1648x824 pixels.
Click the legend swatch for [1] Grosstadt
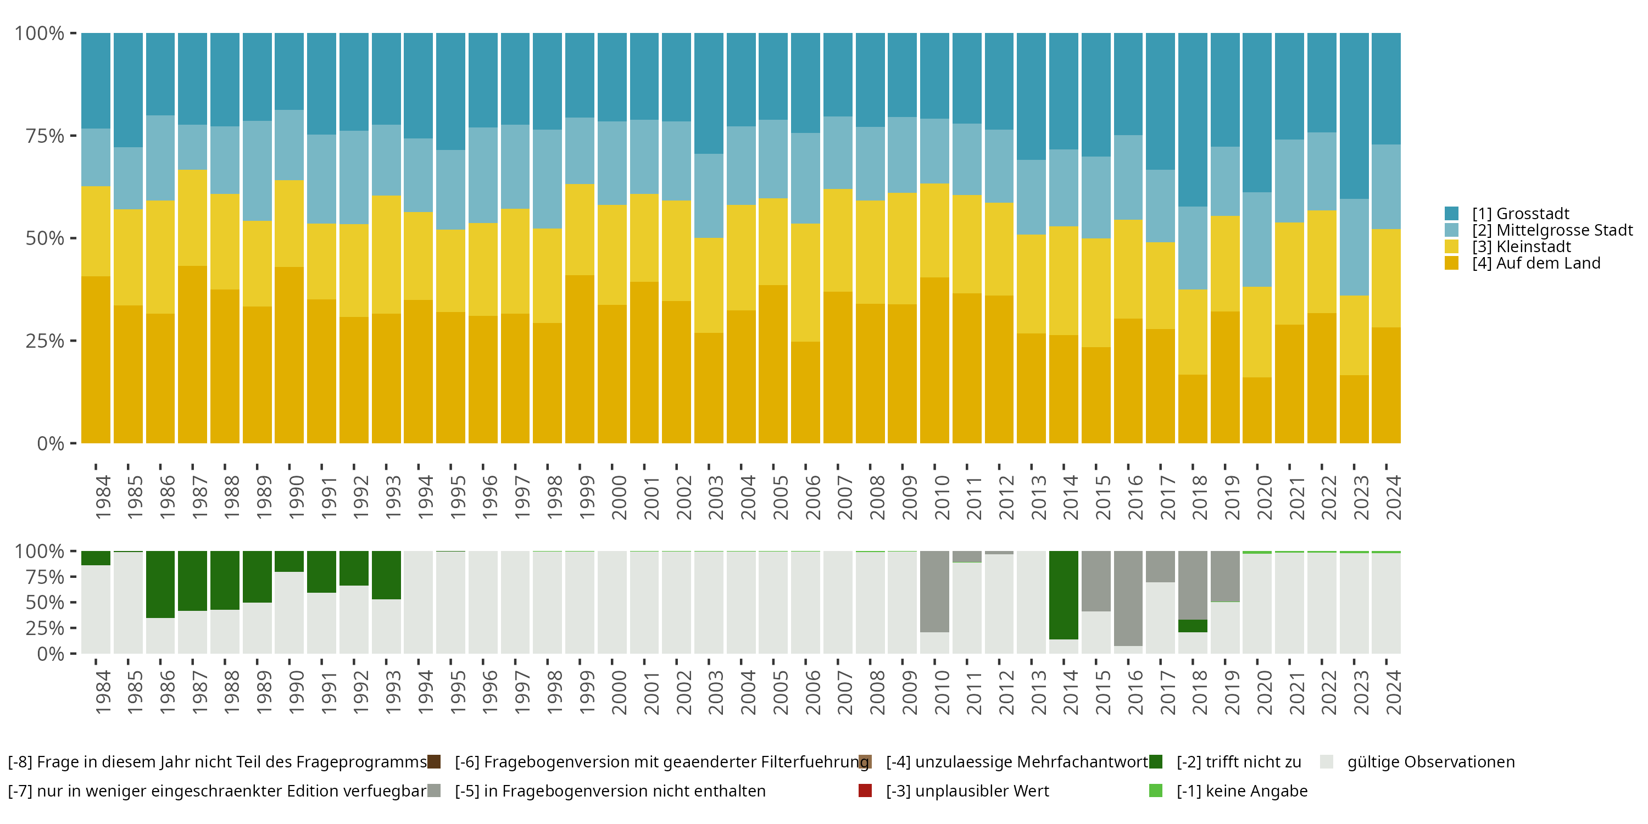coord(1451,214)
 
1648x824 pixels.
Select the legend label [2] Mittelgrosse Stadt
coord(1552,230)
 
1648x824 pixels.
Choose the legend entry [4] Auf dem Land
coord(1535,264)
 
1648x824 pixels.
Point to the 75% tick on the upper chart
coord(73,136)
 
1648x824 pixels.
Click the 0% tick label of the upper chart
coord(50,443)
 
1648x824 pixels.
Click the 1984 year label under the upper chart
coord(102,497)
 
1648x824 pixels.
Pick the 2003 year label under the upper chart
coord(715,497)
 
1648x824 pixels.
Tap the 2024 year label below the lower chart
coord(1393,692)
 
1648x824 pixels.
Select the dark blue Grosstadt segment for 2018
coord(1193,120)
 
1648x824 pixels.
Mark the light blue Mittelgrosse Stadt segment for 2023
coord(1354,247)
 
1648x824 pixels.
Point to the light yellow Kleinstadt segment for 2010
coord(934,230)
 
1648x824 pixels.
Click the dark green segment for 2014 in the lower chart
coord(1064,595)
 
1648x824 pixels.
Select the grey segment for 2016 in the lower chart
coord(1128,598)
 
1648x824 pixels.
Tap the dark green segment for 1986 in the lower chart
coord(160,584)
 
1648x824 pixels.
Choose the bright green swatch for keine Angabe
coord(1155,790)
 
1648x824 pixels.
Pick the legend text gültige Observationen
coord(1430,762)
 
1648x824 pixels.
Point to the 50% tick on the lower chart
coord(73,602)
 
